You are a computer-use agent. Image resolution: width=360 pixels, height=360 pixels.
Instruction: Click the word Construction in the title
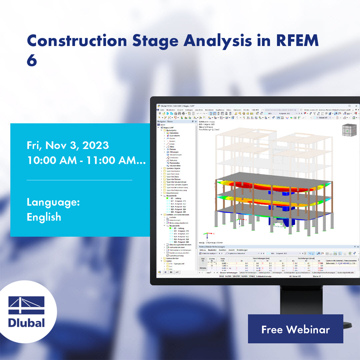point(77,41)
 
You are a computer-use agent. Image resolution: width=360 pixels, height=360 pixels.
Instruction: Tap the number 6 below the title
point(32,61)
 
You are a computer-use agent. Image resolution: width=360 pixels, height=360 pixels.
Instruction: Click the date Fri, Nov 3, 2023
point(68,145)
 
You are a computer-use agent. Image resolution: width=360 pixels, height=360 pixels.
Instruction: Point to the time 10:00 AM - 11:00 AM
point(86,160)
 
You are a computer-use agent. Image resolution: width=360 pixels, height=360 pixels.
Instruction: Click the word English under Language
point(44,217)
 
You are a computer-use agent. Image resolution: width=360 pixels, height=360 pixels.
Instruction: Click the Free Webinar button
point(295,329)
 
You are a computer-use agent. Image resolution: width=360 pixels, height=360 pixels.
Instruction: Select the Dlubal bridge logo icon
point(27,306)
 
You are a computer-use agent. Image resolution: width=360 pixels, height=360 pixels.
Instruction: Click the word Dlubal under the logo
point(27,322)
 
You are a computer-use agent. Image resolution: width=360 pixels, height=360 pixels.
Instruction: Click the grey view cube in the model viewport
point(348,130)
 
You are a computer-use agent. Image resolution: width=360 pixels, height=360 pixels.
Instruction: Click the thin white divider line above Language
point(79,180)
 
